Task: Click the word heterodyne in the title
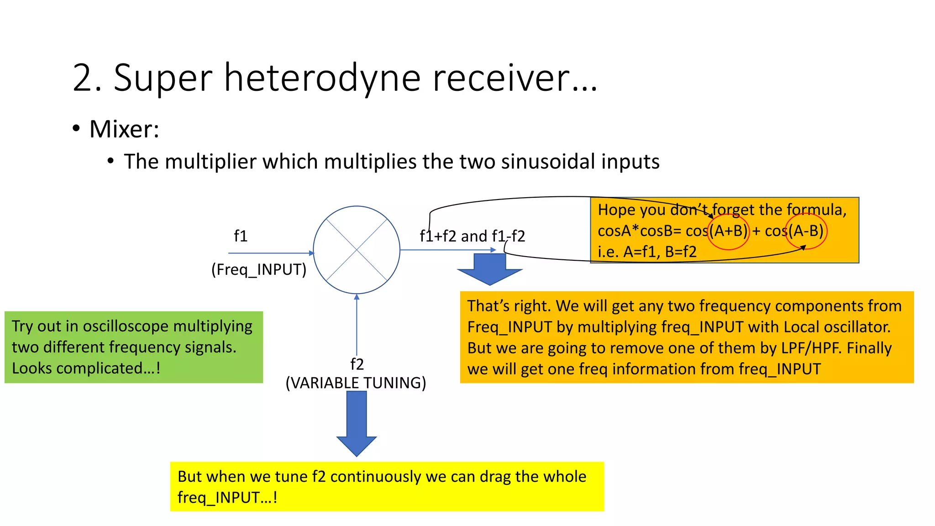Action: click(x=322, y=79)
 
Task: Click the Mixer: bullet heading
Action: click(x=124, y=129)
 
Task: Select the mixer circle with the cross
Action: click(x=357, y=250)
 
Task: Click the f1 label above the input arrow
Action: click(x=241, y=236)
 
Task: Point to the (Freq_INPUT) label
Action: click(x=259, y=269)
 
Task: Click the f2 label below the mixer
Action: click(x=357, y=364)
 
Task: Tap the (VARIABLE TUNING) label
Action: click(x=356, y=383)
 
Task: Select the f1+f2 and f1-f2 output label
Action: click(x=472, y=236)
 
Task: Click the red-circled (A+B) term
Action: click(x=729, y=231)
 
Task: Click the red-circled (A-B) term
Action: click(x=806, y=231)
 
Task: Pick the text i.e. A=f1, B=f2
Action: click(x=647, y=252)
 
